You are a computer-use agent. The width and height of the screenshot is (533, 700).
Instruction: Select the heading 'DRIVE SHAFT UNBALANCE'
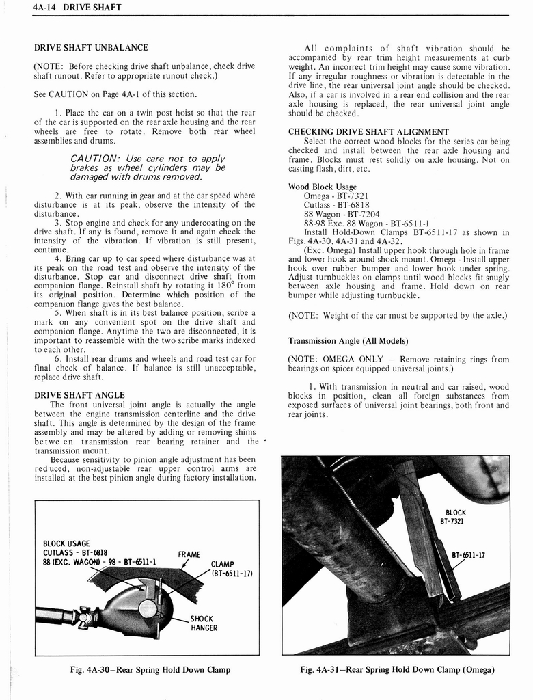pyautogui.click(x=91, y=48)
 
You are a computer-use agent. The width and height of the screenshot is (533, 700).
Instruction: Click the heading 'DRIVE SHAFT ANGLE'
pyautogui.click(x=79, y=395)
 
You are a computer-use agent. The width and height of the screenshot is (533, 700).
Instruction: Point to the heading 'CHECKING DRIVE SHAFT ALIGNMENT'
pyautogui.click(x=368, y=131)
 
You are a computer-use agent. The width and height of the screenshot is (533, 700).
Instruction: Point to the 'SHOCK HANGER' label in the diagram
pyautogui.click(x=204, y=623)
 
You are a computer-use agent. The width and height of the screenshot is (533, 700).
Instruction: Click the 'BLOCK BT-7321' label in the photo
pyautogui.click(x=455, y=517)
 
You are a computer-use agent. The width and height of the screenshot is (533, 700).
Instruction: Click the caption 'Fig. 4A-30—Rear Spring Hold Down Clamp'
pyautogui.click(x=150, y=670)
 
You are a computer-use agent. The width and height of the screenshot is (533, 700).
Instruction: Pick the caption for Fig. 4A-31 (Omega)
pyautogui.click(x=397, y=670)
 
